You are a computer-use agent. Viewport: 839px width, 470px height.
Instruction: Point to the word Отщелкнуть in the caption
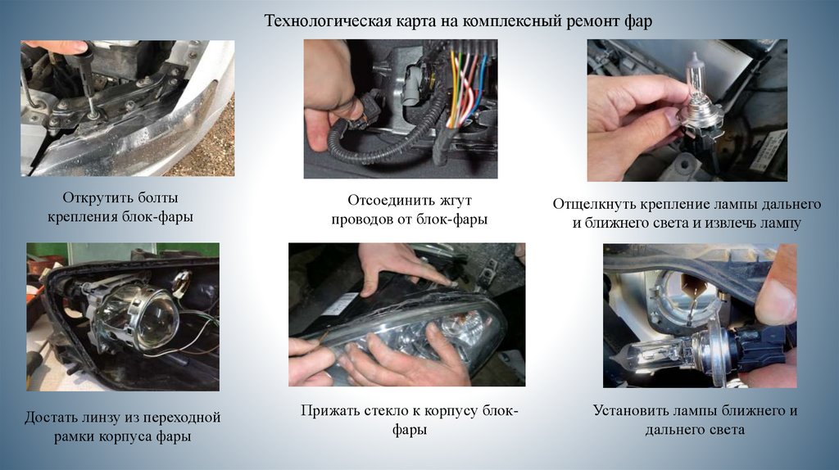click(x=592, y=204)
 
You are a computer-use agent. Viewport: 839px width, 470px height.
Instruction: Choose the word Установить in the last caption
click(x=629, y=411)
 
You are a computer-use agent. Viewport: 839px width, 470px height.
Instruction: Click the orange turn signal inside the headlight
click(x=465, y=324)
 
